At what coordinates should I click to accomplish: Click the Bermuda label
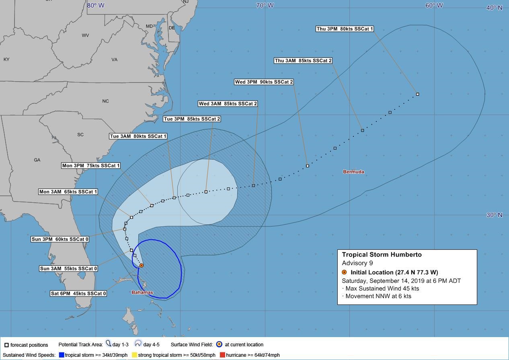coord(353,172)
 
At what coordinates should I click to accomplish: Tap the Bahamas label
coord(142,292)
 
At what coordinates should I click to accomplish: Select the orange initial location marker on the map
coord(142,265)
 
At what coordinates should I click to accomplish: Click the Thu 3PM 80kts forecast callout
coord(345,29)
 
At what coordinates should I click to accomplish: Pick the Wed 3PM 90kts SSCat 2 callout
coord(264,82)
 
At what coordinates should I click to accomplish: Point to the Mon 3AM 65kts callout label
coord(68,192)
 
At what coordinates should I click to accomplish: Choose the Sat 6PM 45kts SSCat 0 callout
coord(78,294)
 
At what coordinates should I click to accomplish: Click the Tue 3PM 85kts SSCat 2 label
coord(192,119)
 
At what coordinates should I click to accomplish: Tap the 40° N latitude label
coord(494,8)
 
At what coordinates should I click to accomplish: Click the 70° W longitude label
coord(265,5)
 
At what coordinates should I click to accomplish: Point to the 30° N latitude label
coord(494,215)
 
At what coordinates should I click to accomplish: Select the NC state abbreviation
coord(105,101)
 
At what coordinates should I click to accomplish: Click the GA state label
coord(37,160)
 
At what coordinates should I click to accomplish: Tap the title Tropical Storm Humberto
coord(382,255)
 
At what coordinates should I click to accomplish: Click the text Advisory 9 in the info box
coord(357,263)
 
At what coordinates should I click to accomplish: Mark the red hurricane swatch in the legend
coord(222,355)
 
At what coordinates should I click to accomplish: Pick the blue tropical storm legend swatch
coord(62,355)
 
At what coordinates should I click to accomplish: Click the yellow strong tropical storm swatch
coord(135,355)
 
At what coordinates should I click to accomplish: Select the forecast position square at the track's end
coord(418,94)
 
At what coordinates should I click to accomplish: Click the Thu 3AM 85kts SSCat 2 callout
coord(303,61)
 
